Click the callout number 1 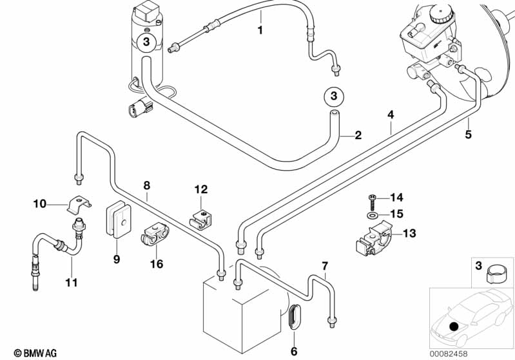pyautogui.click(x=260, y=30)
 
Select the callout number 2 pyautogui.click(x=358, y=135)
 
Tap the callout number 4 pyautogui.click(x=390, y=115)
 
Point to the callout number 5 pyautogui.click(x=469, y=135)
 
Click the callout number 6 pyautogui.click(x=294, y=351)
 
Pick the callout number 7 pyautogui.click(x=325, y=265)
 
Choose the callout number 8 pyautogui.click(x=147, y=185)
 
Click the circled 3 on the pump pyautogui.click(x=146, y=43)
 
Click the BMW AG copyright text pyautogui.click(x=31, y=352)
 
